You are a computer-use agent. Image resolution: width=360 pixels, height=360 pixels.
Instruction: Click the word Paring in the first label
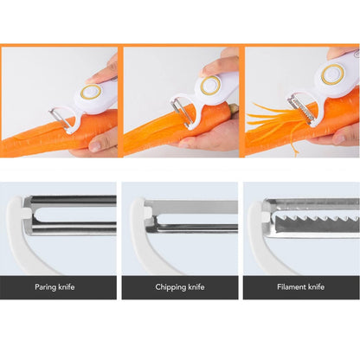(45, 287)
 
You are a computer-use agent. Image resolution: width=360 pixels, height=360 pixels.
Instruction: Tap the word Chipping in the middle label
(170, 287)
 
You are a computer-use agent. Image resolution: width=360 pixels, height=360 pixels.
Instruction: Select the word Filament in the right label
(292, 286)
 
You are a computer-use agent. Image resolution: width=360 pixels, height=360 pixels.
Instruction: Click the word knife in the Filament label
(316, 286)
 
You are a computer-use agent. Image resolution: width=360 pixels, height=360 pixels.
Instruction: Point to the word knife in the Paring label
(67, 287)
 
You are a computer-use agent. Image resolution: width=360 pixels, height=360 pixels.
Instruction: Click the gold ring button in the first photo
(91, 92)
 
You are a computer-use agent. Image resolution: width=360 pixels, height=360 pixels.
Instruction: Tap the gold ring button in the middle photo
(210, 85)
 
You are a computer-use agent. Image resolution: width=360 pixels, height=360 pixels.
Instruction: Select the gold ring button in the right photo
(332, 74)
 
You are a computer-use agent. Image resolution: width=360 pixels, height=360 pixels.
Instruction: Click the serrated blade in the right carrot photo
(300, 110)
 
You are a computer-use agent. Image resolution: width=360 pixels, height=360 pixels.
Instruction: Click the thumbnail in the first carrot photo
(95, 145)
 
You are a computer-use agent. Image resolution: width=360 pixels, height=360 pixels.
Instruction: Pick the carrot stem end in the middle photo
(233, 109)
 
